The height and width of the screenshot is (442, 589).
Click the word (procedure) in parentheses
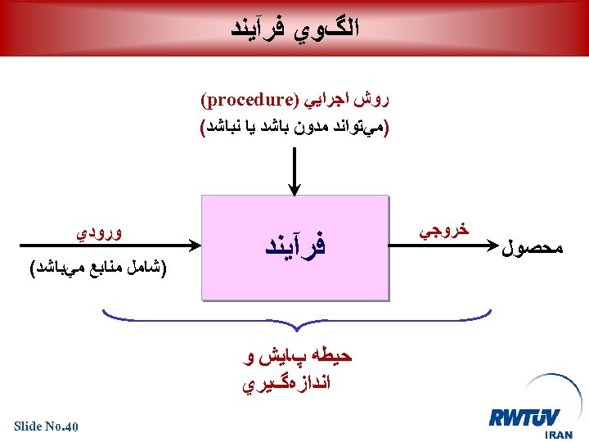tap(246, 102)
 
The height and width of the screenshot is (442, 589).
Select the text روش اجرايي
tap(344, 102)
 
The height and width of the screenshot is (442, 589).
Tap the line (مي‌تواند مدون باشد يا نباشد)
tap(295, 128)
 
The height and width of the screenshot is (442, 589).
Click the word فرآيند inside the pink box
tap(294, 245)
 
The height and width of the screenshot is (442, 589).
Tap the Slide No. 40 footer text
tap(47, 426)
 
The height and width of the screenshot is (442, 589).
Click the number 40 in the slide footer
tap(71, 426)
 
